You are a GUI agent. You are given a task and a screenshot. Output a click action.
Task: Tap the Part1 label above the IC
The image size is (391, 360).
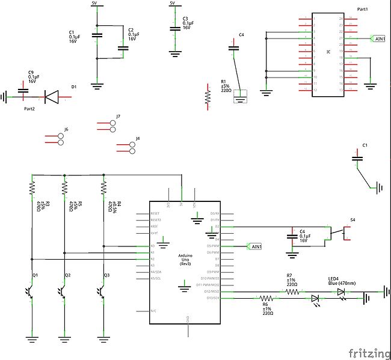pyautogui.click(x=363, y=10)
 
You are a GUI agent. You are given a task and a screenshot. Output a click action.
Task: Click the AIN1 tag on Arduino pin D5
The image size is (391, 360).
pyautogui.click(x=255, y=246)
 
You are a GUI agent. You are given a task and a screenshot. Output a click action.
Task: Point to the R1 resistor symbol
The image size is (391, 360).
pyautogui.click(x=208, y=97)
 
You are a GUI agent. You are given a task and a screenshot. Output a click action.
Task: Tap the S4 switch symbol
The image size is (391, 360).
pyautogui.click(x=339, y=231)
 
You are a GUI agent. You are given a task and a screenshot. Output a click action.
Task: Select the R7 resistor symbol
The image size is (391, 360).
pyautogui.click(x=292, y=291)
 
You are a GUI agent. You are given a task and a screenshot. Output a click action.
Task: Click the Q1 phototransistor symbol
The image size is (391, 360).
pyautogui.click(x=31, y=291)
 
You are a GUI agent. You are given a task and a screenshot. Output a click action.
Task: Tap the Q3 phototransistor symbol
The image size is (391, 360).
pyautogui.click(x=103, y=291)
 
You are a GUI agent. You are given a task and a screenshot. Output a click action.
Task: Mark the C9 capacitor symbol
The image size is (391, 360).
pyautogui.click(x=23, y=92)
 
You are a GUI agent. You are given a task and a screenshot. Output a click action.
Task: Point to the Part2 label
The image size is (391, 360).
pyautogui.click(x=29, y=109)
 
